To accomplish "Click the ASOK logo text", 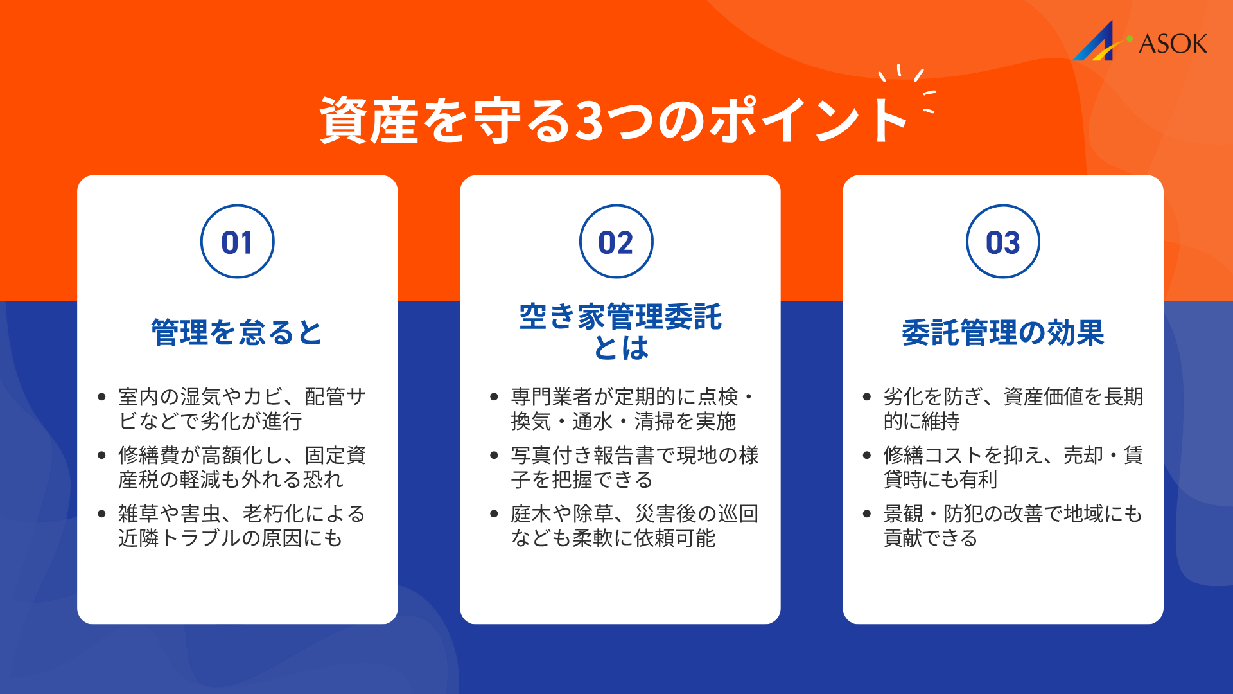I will tap(1173, 44).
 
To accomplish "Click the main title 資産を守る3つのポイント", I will tap(613, 120).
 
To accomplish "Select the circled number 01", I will tap(237, 242).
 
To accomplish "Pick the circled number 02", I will tap(616, 242).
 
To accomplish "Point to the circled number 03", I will tap(1002, 242).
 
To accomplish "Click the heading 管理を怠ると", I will tap(236, 333).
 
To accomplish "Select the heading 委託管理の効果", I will tap(1002, 333).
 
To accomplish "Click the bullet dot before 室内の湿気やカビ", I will tap(101, 397).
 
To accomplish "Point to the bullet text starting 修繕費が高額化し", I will tap(241, 467).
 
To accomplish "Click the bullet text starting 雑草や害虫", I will tap(241, 526).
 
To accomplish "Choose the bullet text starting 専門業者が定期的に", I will tap(632, 409).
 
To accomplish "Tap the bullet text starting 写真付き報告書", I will tap(634, 467).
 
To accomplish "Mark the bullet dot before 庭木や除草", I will tap(494, 514).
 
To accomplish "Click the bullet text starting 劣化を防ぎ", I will tap(1013, 409).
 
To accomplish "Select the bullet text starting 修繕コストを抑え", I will tap(1013, 467).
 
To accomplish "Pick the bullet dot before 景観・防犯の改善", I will tap(867, 514).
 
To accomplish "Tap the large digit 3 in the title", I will tap(589, 121).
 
